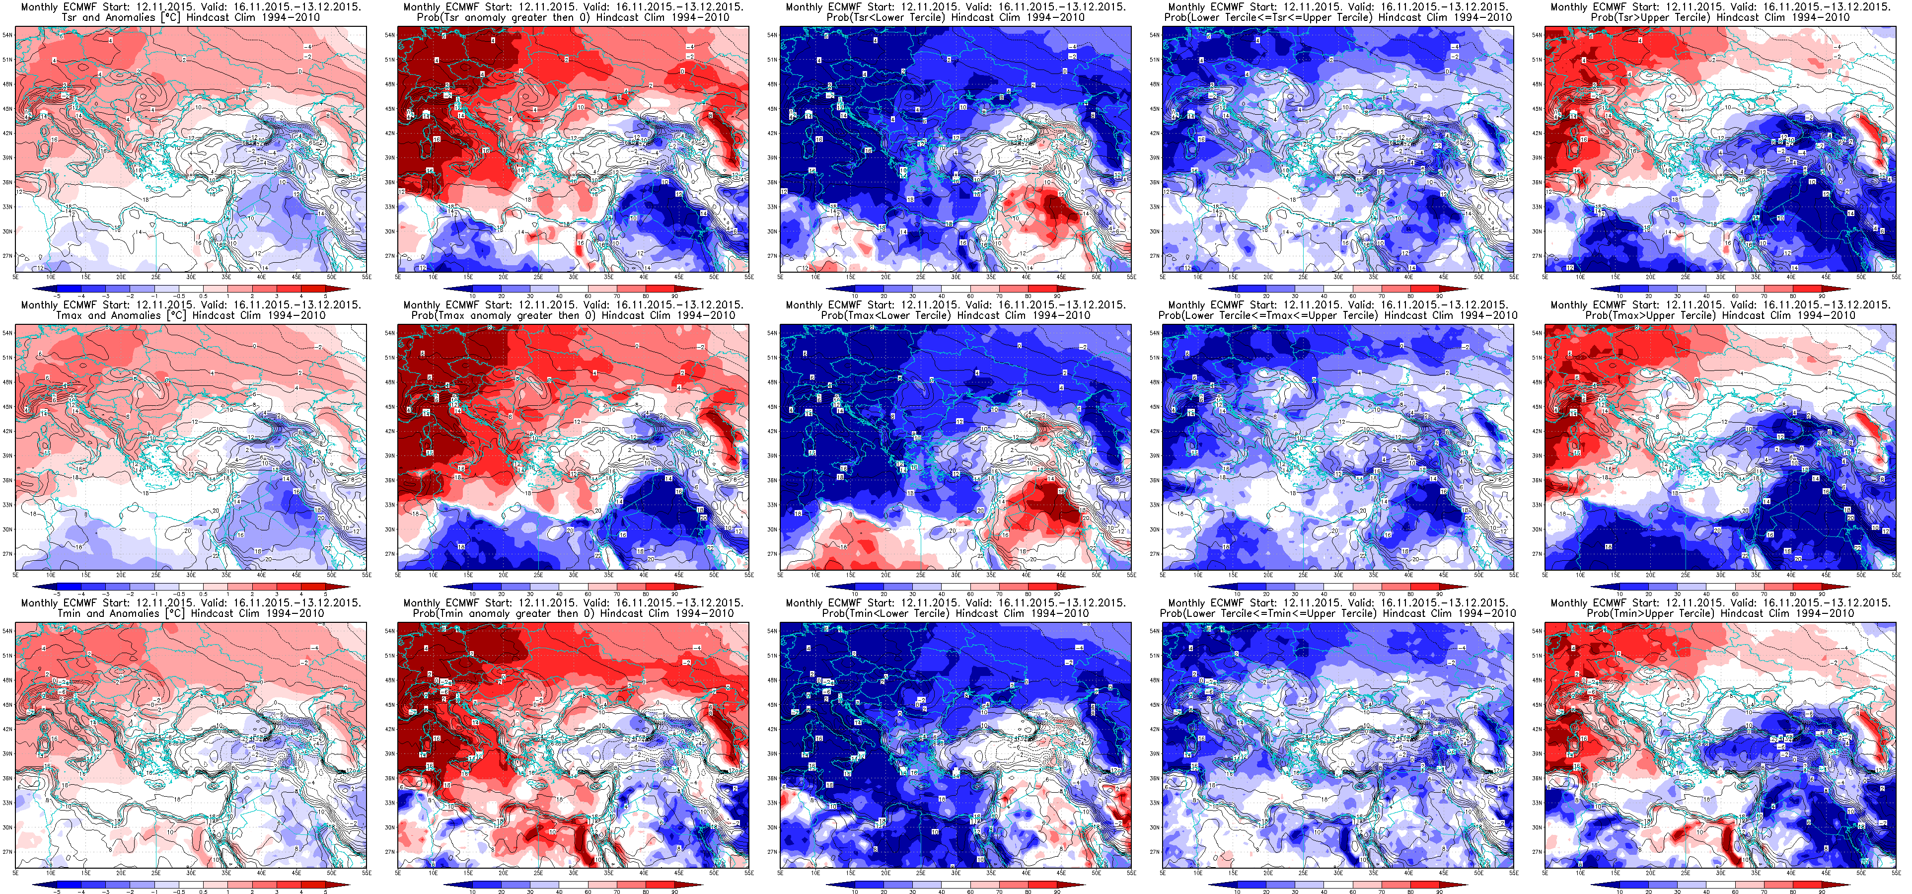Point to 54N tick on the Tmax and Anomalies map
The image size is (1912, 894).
point(8,333)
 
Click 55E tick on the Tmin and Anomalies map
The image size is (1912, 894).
point(366,873)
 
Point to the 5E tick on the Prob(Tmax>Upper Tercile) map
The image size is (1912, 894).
point(1545,575)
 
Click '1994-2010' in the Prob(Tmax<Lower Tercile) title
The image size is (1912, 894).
point(1063,315)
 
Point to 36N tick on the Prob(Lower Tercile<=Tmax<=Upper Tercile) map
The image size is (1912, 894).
point(1155,480)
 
